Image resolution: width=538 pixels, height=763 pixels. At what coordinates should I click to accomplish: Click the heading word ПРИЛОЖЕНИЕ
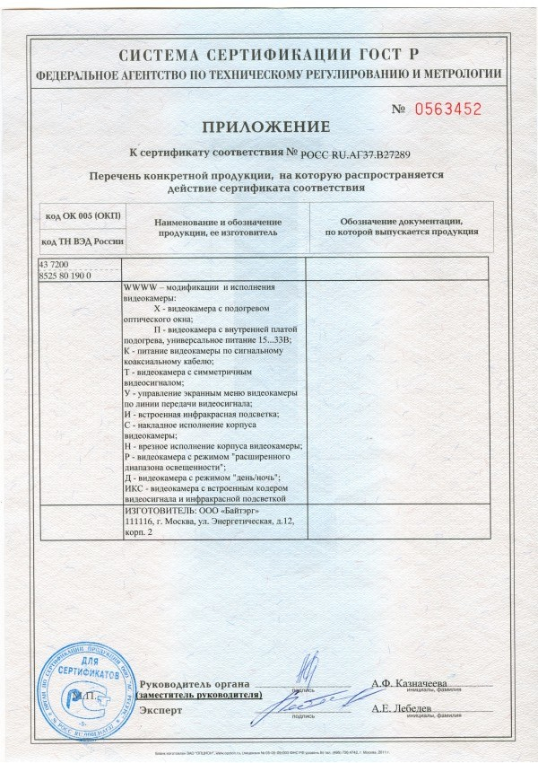coord(268,126)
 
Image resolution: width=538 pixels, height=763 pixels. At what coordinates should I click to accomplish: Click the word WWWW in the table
coord(137,286)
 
